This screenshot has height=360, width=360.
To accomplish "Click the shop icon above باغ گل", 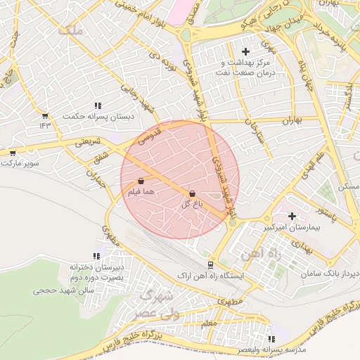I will (192, 193).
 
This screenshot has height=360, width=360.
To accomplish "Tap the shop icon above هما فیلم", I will (141, 181).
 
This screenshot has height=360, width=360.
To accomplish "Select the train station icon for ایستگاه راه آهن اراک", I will (210, 264).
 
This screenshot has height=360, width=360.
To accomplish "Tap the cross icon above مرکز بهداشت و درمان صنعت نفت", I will (245, 51).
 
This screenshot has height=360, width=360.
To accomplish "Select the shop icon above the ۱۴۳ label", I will (46, 116).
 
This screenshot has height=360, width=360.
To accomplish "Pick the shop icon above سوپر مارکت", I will (13, 153).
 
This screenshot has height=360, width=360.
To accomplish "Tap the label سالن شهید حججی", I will (59, 289).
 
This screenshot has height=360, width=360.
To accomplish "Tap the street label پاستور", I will (326, 215).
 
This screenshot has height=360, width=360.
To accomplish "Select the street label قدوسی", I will (150, 133).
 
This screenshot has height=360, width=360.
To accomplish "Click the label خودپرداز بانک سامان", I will (331, 272).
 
